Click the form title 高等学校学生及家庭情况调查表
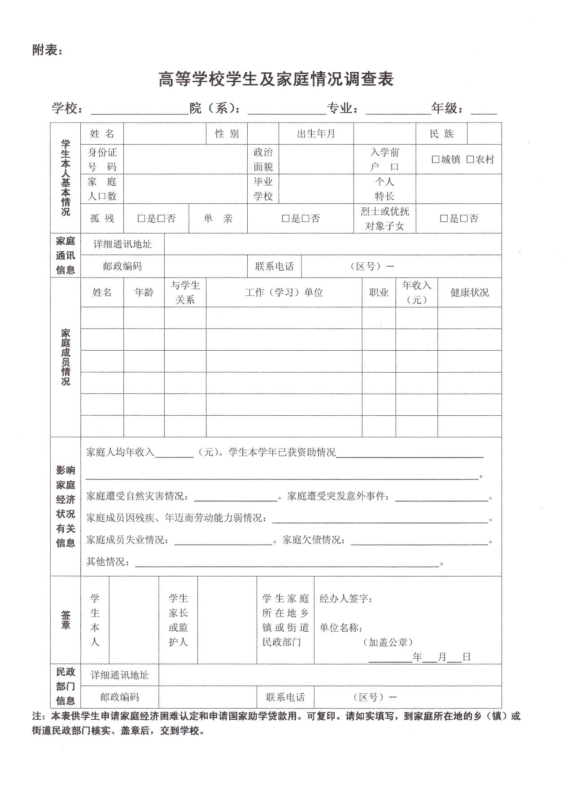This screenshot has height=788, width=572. point(276,79)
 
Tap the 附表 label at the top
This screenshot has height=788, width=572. point(47,50)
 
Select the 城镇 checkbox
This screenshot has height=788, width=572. point(435,159)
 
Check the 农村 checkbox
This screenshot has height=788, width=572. point(470,159)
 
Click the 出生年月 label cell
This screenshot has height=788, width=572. point(316,134)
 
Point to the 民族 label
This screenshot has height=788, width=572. point(441,134)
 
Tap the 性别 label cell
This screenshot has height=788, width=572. point(227,134)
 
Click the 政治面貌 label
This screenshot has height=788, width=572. point(263,159)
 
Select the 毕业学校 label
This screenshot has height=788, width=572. point(263,189)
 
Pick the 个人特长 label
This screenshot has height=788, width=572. point(384,189)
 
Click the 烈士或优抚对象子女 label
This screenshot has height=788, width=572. point(384,219)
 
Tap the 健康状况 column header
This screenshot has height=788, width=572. point(469,293)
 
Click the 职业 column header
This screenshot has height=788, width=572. point(379,293)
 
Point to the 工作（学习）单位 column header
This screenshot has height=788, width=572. point(284,293)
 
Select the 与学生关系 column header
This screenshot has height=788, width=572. point(185,293)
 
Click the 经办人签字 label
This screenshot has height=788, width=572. point(345,599)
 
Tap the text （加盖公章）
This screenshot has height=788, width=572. point(388,643)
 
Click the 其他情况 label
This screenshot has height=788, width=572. point(108,562)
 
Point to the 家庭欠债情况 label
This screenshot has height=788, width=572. point(314,540)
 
